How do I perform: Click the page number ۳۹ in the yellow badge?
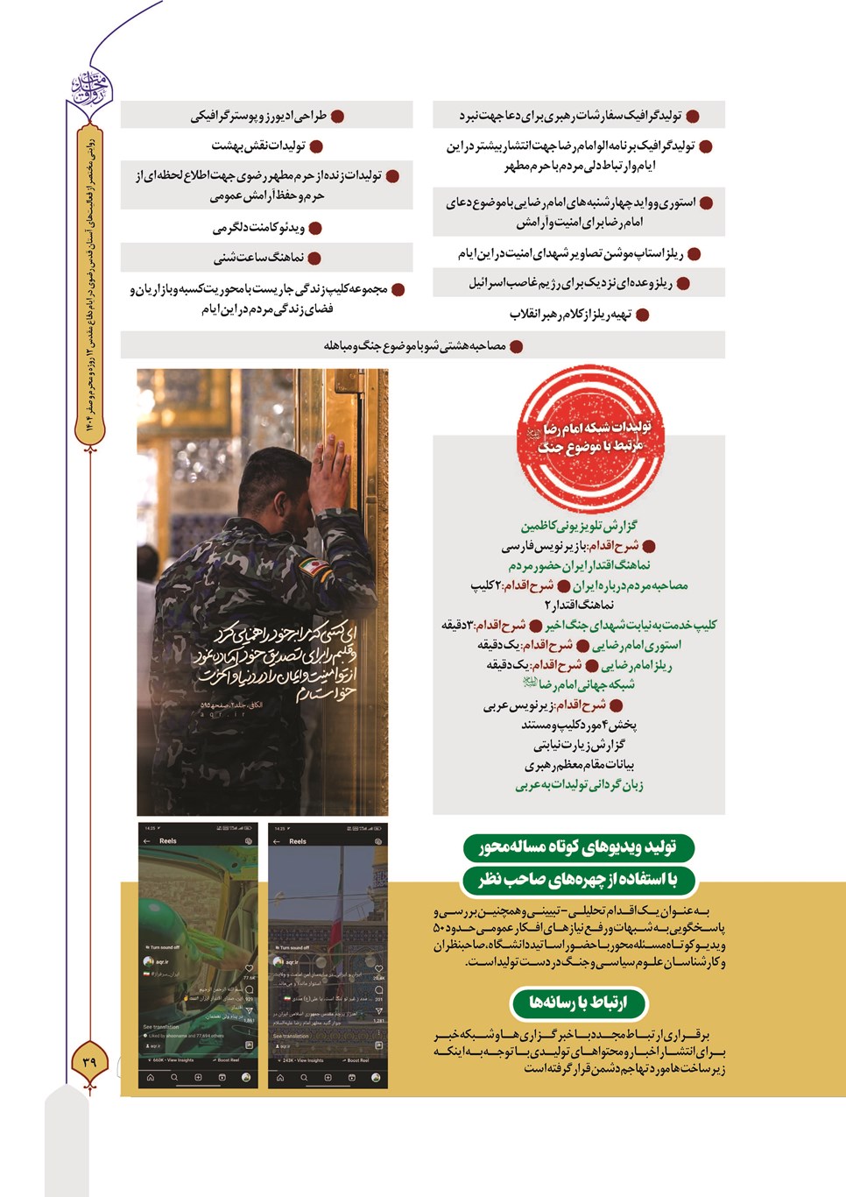tap(89, 1061)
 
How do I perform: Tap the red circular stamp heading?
tap(591, 437)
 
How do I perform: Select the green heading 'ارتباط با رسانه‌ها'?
tap(578, 1002)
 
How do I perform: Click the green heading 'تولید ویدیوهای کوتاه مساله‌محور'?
tap(578, 846)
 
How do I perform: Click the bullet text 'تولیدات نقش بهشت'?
tap(258, 145)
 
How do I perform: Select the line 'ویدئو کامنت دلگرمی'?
tap(258, 228)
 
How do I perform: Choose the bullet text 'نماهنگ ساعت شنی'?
tap(258, 258)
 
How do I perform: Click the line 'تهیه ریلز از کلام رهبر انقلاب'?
tap(570, 314)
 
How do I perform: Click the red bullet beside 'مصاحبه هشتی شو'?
tap(517, 346)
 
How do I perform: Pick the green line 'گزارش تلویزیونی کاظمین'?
tap(579, 526)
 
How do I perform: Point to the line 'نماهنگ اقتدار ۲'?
tap(579, 605)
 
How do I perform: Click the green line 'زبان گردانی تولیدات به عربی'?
tap(579, 785)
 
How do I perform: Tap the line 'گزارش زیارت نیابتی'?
tap(579, 745)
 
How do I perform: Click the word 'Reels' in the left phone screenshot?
tap(168, 840)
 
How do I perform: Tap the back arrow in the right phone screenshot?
tap(277, 841)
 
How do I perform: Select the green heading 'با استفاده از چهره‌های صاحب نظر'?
tap(578, 879)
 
